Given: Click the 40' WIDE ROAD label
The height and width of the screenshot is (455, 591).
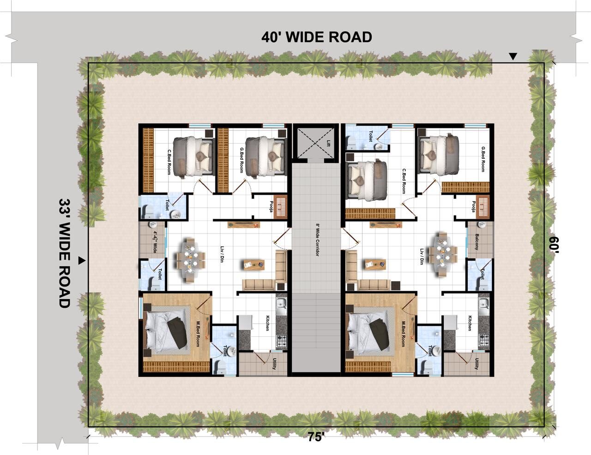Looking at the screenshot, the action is [x=317, y=37].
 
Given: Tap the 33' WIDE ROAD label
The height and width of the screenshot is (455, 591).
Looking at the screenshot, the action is [x=65, y=253].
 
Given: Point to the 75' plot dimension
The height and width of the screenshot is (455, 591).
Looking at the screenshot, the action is [x=316, y=437].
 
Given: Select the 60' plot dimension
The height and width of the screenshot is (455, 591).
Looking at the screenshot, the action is [x=554, y=245].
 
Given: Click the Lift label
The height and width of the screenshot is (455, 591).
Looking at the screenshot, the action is [x=328, y=143].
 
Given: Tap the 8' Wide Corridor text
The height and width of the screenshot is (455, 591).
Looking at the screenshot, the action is [x=317, y=240].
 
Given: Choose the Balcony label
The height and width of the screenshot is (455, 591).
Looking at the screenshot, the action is [x=477, y=242].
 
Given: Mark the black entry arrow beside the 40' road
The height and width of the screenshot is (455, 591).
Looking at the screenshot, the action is [x=513, y=57].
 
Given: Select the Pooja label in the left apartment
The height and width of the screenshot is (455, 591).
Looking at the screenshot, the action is [x=271, y=206].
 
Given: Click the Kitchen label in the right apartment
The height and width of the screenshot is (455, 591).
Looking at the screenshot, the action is [x=470, y=323].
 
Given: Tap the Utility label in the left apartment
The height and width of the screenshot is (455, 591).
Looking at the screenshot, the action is [x=274, y=364].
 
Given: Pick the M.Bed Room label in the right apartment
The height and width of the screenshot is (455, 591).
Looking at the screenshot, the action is [x=403, y=334].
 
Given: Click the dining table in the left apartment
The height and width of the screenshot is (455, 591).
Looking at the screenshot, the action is [x=190, y=260].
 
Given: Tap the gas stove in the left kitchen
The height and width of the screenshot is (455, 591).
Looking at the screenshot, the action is [x=282, y=341].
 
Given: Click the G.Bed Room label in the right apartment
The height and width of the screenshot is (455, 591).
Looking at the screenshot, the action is [x=483, y=159].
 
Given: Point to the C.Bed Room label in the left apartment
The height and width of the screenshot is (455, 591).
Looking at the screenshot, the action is [x=169, y=162].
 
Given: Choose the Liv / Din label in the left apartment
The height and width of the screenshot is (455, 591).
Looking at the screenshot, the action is [x=222, y=254].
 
